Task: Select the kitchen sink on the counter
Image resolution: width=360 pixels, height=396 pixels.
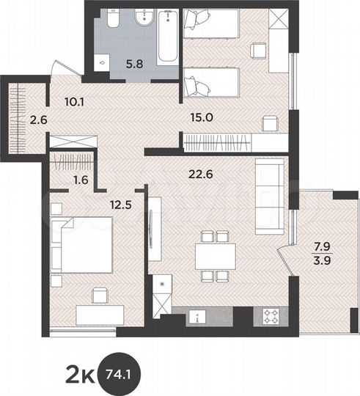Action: click(x=196, y=316)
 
